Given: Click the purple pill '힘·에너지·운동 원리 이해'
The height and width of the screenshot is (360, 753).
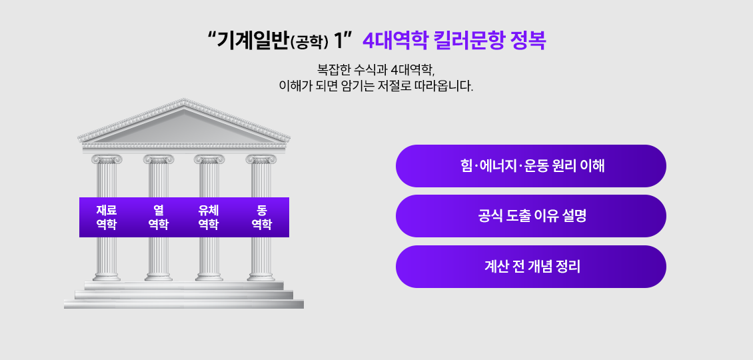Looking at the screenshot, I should (x=531, y=166).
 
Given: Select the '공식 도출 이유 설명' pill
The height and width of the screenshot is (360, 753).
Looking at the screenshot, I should (x=531, y=216).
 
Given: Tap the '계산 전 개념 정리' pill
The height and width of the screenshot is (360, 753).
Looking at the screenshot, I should (x=531, y=267).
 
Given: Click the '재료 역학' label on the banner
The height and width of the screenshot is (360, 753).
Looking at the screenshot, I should (x=107, y=217).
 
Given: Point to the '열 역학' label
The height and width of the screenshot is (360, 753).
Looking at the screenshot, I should (x=158, y=217).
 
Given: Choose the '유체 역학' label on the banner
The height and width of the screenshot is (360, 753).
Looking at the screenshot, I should (x=209, y=217).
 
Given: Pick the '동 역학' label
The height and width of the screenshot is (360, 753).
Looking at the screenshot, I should (x=261, y=217).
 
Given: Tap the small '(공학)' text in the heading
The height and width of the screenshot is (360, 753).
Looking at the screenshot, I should (x=311, y=43).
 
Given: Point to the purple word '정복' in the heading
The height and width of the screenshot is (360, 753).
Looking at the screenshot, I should (x=527, y=41).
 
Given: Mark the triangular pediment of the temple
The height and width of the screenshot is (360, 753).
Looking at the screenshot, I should (x=183, y=123).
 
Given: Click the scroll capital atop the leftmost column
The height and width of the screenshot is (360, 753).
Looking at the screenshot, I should (x=107, y=159).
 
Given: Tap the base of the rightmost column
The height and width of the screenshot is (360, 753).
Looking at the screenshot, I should (x=261, y=275).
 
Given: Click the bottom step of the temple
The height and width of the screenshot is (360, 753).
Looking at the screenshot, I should (x=183, y=304).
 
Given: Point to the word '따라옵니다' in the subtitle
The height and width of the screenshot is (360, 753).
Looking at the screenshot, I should (x=444, y=86).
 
